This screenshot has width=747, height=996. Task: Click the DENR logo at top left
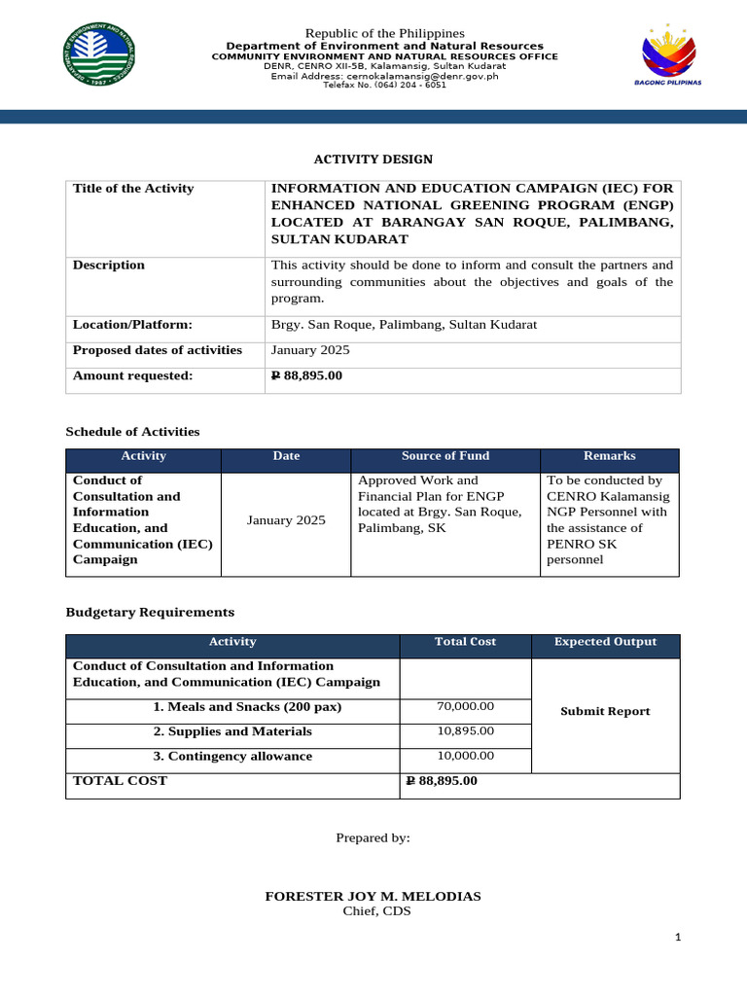tap(99, 56)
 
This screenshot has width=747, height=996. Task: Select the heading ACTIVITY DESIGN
tap(373, 160)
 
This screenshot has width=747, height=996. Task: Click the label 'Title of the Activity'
tap(133, 189)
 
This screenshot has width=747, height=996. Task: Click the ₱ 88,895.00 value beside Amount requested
tap(306, 375)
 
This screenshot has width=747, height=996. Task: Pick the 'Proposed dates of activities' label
tap(158, 350)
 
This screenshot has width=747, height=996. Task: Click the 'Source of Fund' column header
tap(445, 456)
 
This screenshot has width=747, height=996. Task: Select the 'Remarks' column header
tap(609, 456)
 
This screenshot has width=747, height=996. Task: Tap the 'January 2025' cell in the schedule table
tap(286, 520)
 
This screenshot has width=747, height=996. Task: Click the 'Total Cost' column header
tap(465, 642)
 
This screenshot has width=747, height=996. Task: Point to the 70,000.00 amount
tap(467, 707)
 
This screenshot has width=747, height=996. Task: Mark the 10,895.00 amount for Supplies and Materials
tap(467, 731)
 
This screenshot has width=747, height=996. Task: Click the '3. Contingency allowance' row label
tap(232, 757)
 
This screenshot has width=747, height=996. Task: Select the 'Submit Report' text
tap(605, 712)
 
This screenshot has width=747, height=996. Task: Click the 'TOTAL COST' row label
tap(120, 781)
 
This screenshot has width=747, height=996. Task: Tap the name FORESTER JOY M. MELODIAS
tap(373, 896)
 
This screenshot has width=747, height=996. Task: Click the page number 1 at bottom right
tap(679, 937)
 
